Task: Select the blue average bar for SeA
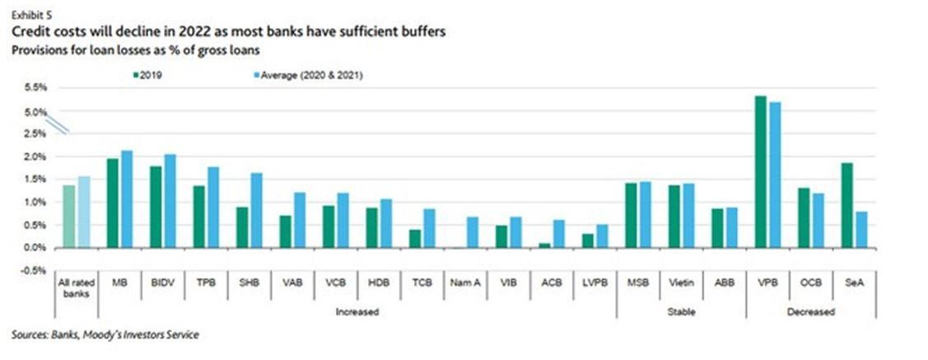(860, 230)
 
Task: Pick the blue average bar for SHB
(256, 210)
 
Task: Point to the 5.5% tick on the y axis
(34, 87)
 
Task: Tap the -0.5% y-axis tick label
(33, 270)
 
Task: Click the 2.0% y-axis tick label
(34, 157)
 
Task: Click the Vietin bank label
(681, 282)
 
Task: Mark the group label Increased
(357, 312)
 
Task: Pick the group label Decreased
(810, 312)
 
